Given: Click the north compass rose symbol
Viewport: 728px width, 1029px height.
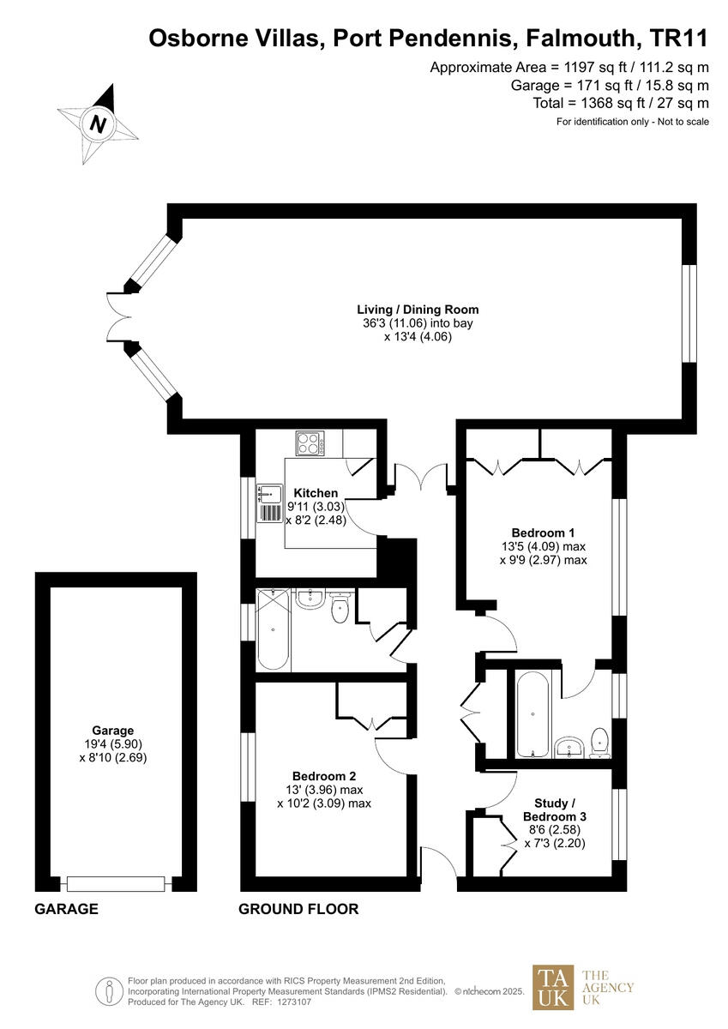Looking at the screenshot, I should click(99, 123).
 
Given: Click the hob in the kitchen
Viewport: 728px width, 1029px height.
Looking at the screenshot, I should click(308, 442).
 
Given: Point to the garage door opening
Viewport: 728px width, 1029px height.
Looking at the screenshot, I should click(116, 883).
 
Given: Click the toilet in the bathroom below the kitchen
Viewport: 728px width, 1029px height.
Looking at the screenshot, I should click(340, 609).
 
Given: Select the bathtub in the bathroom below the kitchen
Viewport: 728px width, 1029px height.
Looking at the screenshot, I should click(274, 629).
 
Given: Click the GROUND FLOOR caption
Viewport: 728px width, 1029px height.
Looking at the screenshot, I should click(298, 909).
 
